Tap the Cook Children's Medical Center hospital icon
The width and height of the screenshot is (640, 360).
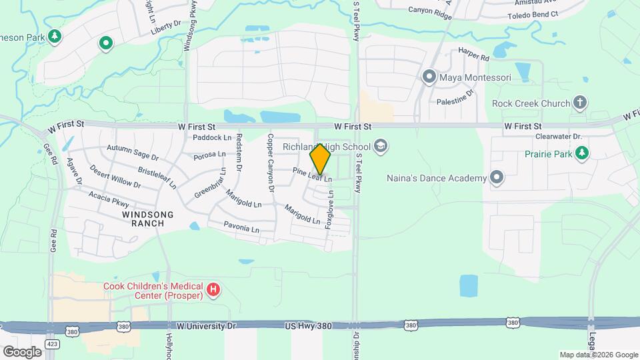click(213, 289)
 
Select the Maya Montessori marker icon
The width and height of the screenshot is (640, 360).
click(429, 77)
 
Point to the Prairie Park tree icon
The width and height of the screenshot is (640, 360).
click(583, 153)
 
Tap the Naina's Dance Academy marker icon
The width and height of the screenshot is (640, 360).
click(496, 177)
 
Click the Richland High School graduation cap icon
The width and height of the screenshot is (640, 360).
click(380, 146)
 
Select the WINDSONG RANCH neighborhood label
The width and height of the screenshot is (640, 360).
click(148, 219)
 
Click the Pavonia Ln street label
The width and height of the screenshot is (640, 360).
click(241, 229)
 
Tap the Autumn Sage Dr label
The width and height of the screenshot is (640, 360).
click(133, 153)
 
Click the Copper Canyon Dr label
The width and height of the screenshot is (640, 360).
click(271, 163)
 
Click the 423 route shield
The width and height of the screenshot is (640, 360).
click(51, 344)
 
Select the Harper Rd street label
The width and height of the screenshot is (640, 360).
click(473, 55)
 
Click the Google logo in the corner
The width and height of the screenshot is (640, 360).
click(22, 351)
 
